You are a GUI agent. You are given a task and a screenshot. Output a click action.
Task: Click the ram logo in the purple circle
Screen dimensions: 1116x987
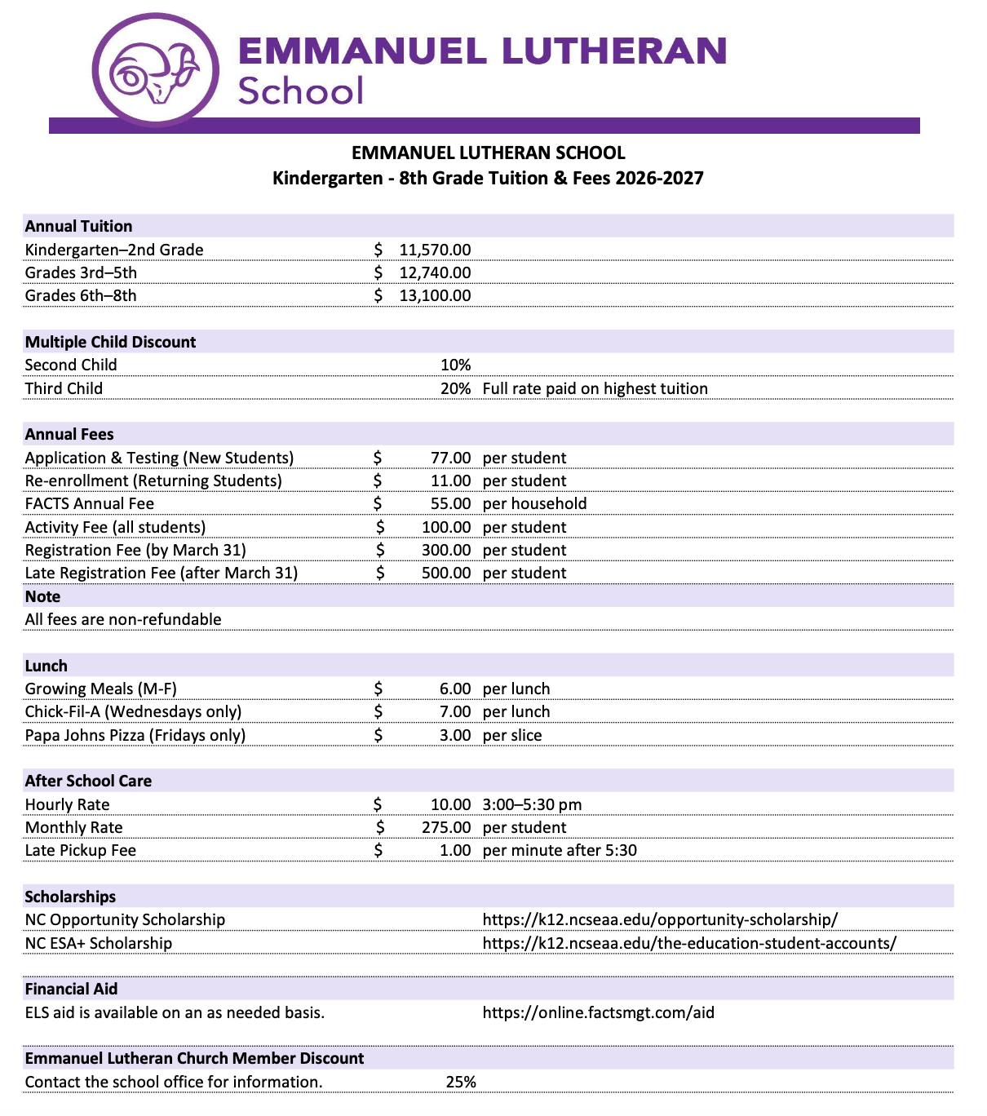tap(155, 72)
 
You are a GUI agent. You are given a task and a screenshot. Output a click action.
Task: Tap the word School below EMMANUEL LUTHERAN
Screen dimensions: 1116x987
tap(300, 91)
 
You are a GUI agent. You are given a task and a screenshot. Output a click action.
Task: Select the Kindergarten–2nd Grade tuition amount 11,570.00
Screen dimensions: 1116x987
tap(434, 250)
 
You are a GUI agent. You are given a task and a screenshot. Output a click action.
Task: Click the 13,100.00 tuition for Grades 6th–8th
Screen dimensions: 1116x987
tap(434, 295)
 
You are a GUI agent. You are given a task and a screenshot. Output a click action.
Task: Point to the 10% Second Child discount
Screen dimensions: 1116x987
tap(455, 365)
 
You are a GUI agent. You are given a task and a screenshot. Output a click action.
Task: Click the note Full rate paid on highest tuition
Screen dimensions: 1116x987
tap(595, 388)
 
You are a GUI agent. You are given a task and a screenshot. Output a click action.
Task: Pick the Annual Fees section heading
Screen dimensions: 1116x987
tap(69, 434)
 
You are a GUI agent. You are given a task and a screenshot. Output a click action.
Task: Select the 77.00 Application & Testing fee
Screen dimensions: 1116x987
tap(450, 458)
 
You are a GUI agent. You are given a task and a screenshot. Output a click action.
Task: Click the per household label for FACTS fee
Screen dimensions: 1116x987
tap(534, 503)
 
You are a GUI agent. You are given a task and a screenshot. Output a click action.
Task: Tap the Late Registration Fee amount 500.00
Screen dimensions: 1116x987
tap(445, 573)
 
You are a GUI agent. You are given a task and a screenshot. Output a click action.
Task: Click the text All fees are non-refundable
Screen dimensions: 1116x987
tap(123, 619)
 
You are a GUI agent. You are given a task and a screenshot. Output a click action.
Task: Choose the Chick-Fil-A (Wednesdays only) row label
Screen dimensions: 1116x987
tap(133, 711)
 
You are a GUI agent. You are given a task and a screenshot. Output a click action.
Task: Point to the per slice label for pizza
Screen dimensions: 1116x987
tap(512, 735)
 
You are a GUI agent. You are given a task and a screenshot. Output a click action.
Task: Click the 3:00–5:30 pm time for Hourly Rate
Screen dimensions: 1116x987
tap(532, 804)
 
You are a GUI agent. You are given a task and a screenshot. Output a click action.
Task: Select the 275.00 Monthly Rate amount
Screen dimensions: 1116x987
tap(445, 827)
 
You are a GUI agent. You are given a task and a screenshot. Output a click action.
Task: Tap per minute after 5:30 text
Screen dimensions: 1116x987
tap(560, 850)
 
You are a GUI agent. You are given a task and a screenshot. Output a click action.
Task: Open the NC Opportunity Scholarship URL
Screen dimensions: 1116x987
tap(660, 919)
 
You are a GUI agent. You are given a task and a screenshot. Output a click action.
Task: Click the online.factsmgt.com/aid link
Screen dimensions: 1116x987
tap(598, 1012)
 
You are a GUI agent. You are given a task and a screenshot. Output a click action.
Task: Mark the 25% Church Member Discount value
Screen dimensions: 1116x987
tap(461, 1082)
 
